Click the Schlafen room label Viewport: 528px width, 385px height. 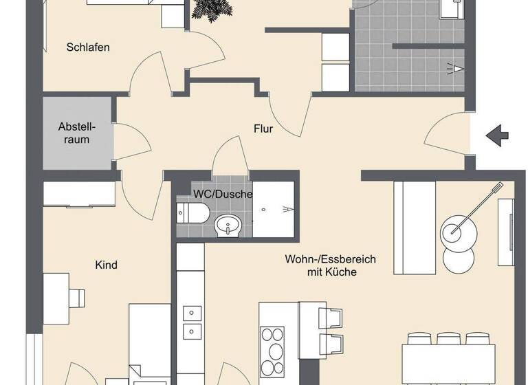(88, 47)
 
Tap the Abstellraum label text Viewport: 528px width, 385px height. (77, 133)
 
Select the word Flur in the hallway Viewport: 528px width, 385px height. (263, 128)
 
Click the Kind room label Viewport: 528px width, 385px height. (106, 265)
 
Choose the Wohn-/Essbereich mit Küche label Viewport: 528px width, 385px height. (330, 265)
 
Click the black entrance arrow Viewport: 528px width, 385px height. (497, 135)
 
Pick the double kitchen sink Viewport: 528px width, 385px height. (190, 323)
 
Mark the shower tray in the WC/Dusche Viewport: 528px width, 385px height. (274, 209)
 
